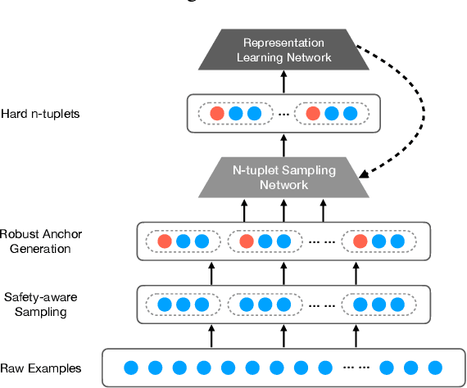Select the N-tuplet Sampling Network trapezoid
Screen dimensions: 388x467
[x=284, y=178]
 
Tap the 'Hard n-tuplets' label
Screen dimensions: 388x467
[x=40, y=113]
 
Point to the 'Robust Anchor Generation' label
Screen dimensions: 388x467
[x=40, y=240]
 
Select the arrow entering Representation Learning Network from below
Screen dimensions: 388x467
[x=284, y=82]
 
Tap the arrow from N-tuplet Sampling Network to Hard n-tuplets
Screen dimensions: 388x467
[x=284, y=146]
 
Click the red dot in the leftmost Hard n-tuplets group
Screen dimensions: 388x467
[x=217, y=114]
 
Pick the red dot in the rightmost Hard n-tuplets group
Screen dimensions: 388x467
[x=311, y=114]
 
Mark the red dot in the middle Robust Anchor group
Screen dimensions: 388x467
[x=245, y=241]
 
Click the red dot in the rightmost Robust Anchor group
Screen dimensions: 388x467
[x=360, y=241]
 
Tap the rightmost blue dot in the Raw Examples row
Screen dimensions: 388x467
[x=435, y=368]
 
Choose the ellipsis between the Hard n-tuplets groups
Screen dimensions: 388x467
[x=283, y=114]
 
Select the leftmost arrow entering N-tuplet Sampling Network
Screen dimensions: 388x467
[x=244, y=210]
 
